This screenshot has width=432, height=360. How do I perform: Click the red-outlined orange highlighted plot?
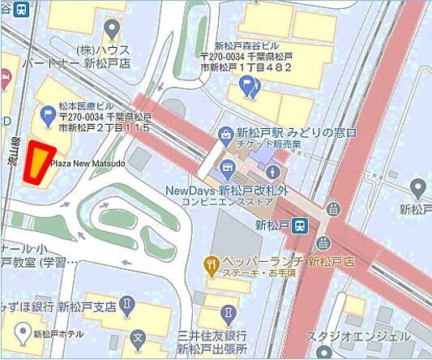[38, 163]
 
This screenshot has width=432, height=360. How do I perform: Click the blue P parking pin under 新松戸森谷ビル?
[254, 92]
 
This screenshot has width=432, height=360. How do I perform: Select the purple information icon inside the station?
[272, 173]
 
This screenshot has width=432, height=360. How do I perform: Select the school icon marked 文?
[138, 336]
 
